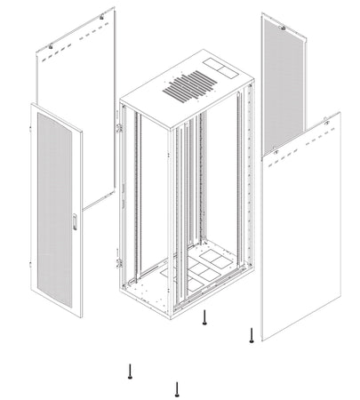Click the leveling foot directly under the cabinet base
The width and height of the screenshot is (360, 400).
[x=205, y=318]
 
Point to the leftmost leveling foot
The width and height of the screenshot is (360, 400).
[x=131, y=372]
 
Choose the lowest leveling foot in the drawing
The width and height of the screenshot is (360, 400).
[x=177, y=388]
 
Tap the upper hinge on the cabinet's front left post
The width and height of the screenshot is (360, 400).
[x=117, y=128]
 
